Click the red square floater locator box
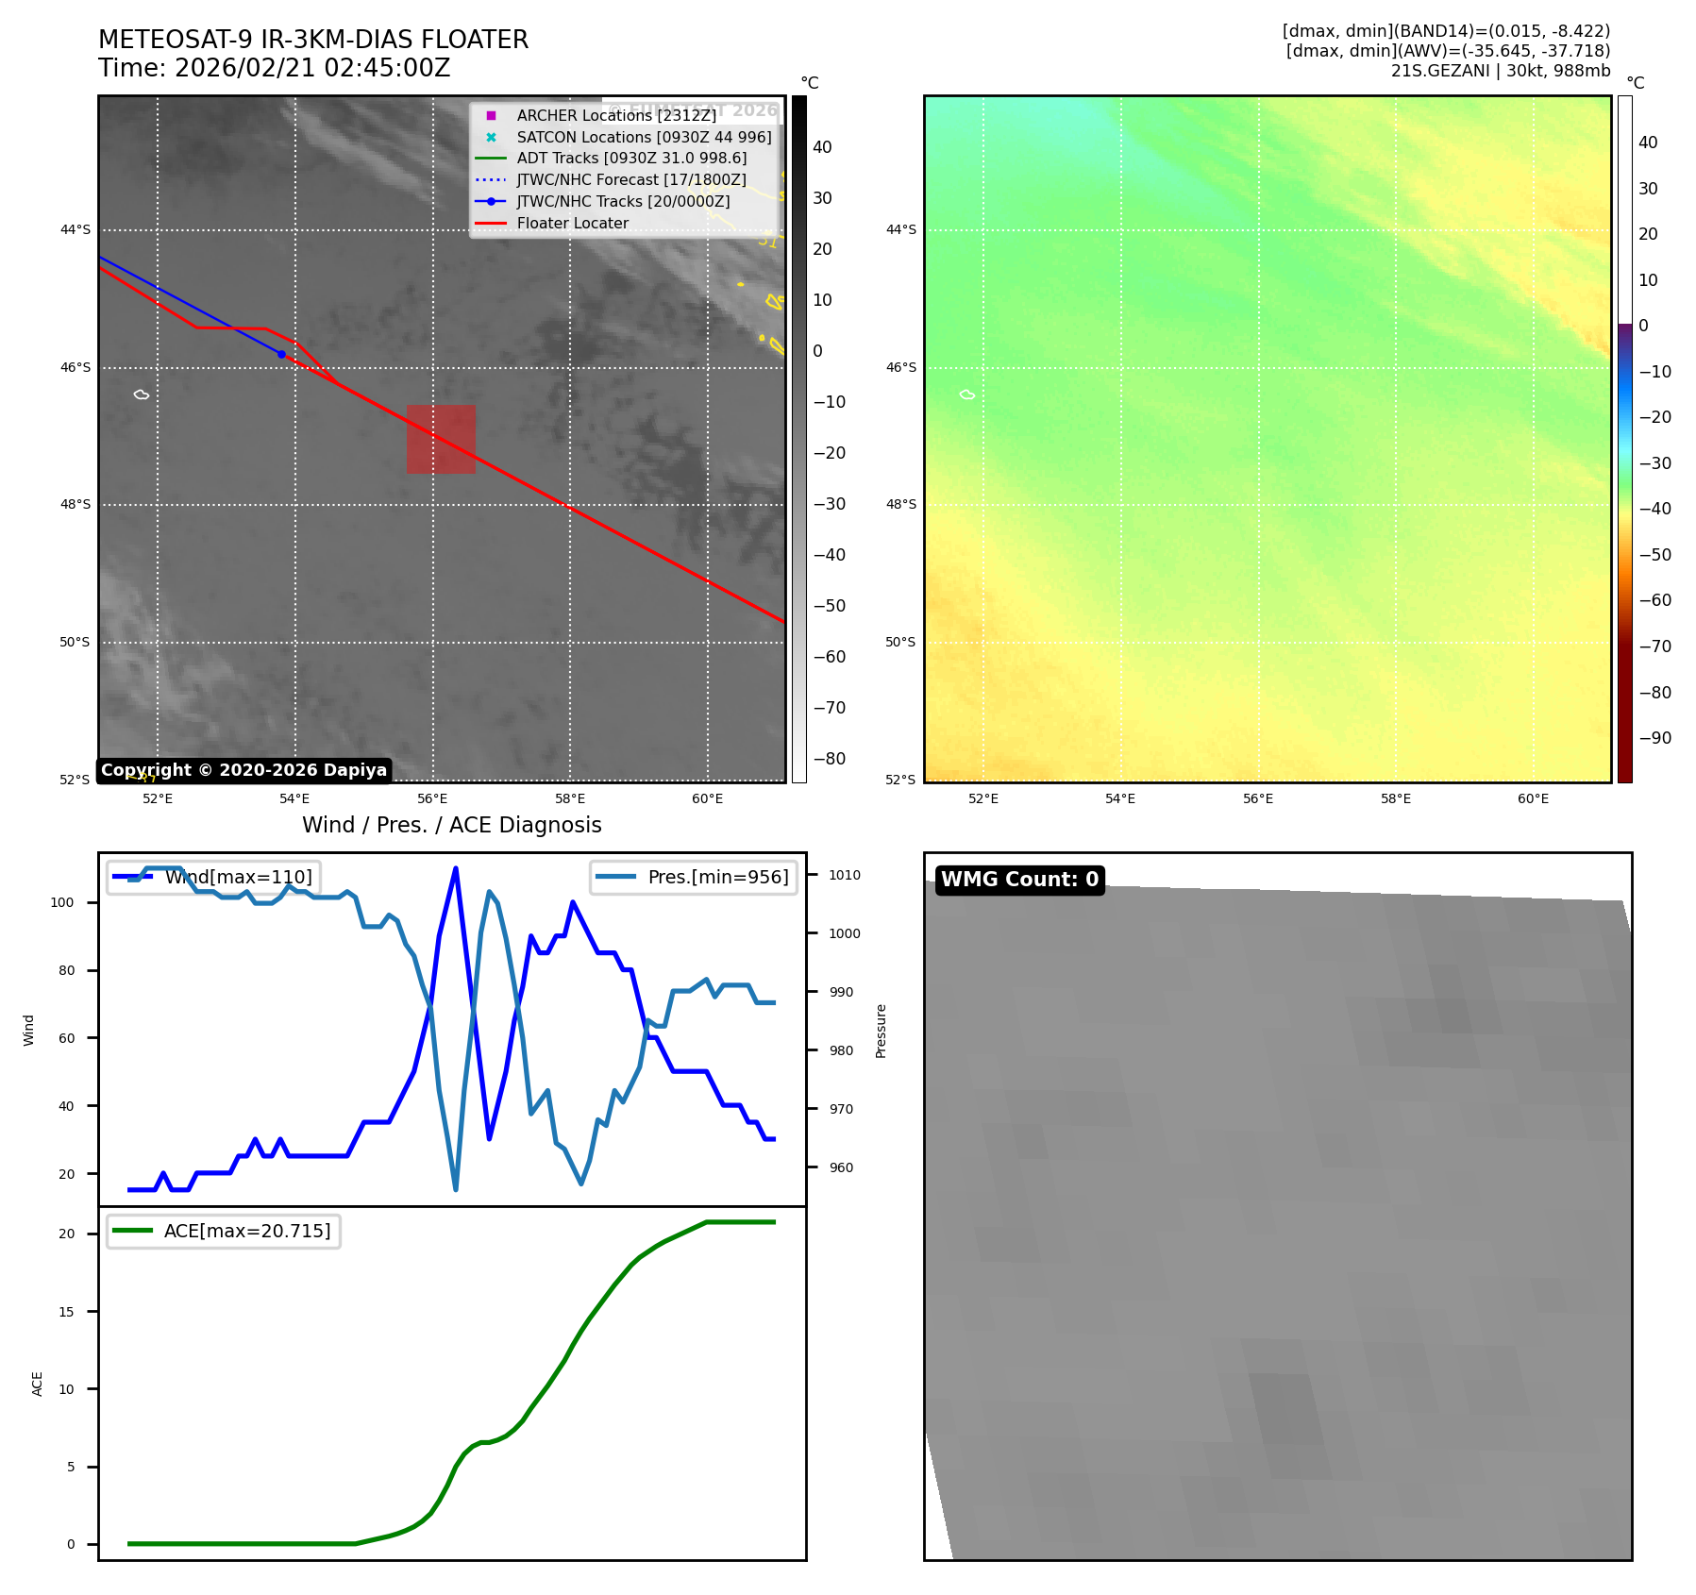tap(441, 439)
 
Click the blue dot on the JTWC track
tap(281, 354)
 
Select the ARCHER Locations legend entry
tap(615, 115)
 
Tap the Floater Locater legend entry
tap(572, 223)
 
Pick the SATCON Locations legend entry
tap(644, 137)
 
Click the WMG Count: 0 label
tap(1019, 880)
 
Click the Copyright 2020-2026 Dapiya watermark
tap(243, 770)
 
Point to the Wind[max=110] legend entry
tap(238, 877)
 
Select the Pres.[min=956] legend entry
tap(717, 877)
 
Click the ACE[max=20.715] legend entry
tap(247, 1231)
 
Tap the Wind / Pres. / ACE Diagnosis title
tap(451, 825)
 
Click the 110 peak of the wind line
tap(456, 868)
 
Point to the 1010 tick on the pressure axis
tap(844, 875)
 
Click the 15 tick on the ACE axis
tap(66, 1312)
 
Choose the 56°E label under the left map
tap(432, 798)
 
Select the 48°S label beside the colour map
tap(900, 504)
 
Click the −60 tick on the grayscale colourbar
tap(830, 657)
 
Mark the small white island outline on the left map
tap(142, 395)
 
